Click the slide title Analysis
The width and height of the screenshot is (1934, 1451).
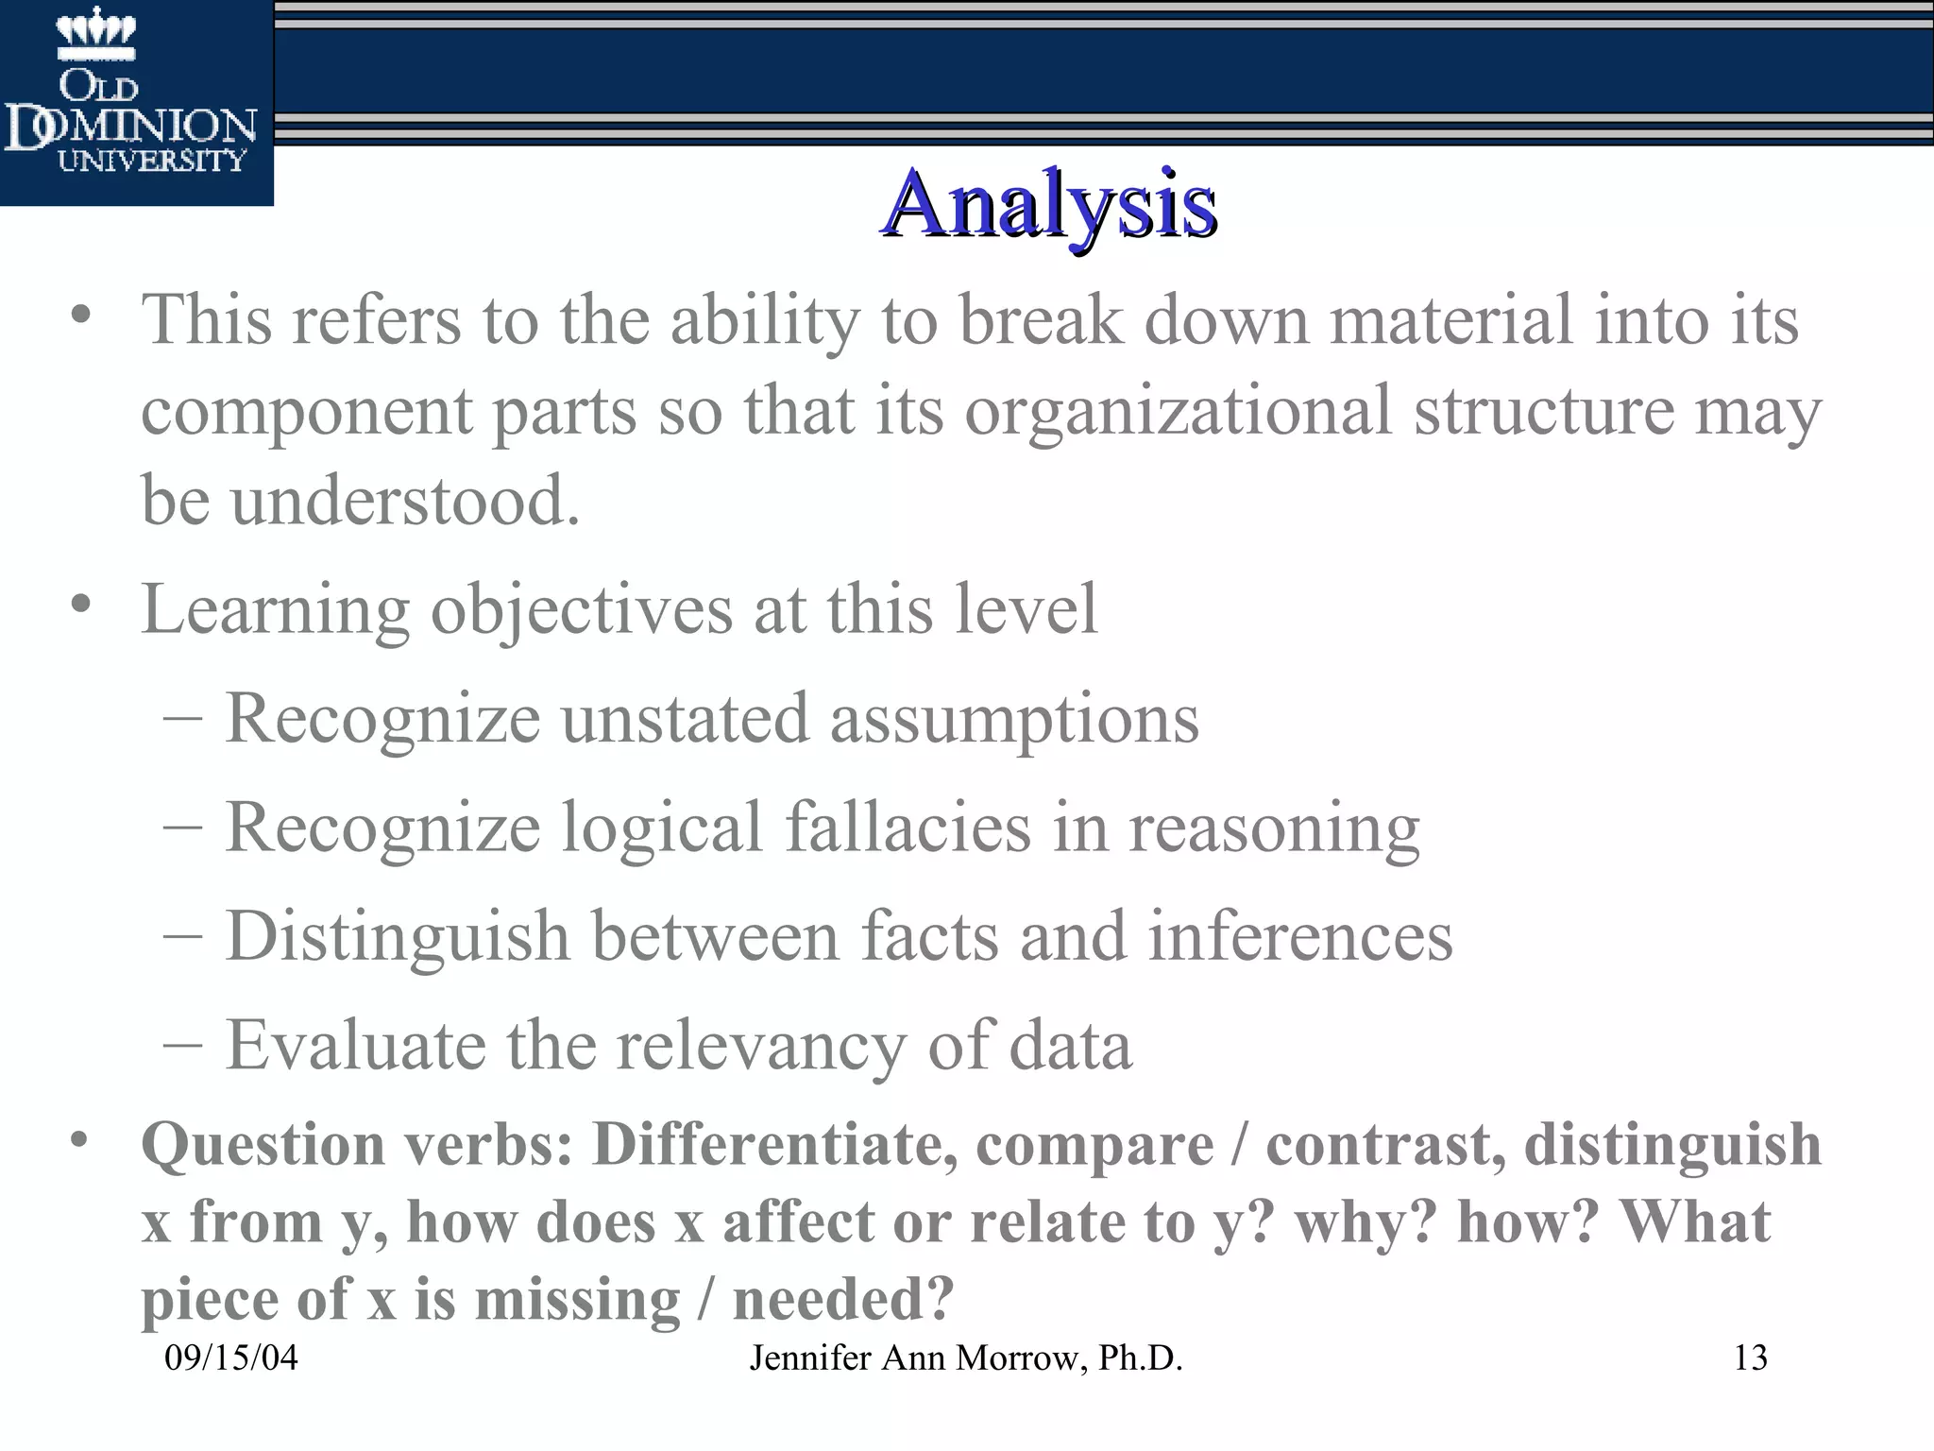click(1048, 205)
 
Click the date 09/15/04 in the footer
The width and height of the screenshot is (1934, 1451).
click(231, 1358)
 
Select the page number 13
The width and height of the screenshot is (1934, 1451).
click(1750, 1358)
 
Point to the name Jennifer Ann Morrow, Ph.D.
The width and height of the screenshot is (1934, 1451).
click(966, 1358)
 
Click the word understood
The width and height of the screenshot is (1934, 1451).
click(405, 500)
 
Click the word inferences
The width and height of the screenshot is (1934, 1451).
click(1300, 936)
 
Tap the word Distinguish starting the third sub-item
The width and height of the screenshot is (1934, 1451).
click(398, 936)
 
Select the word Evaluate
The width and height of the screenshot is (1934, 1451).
click(354, 1045)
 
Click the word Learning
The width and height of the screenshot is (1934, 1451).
click(275, 609)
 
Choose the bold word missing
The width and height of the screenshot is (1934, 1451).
click(577, 1299)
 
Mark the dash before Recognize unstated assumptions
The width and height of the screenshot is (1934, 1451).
click(181, 718)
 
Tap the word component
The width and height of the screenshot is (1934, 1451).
click(306, 412)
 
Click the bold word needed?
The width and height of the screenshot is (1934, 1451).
click(843, 1299)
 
